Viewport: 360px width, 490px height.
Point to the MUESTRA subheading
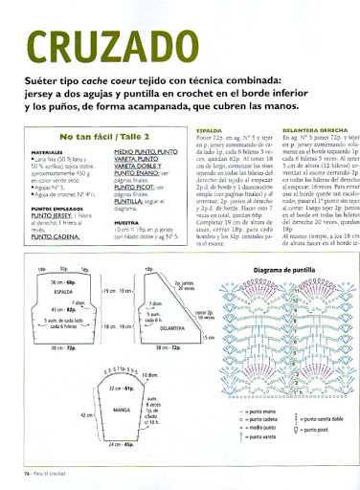tap(127, 221)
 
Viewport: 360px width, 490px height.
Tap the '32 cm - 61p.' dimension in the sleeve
tap(121, 390)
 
